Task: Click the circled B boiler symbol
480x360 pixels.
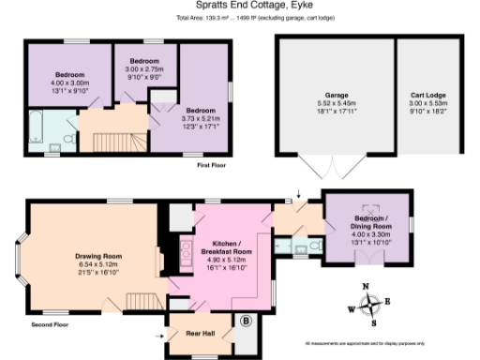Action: pyautogui.click(x=246, y=322)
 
